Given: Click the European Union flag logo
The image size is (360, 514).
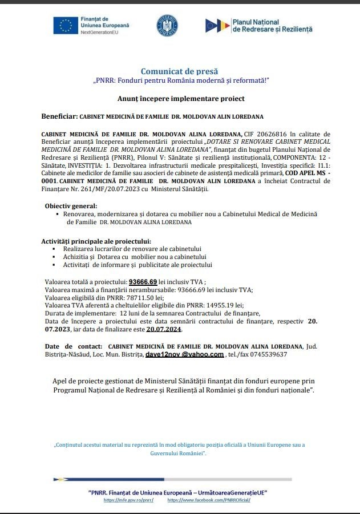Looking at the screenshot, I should pyautogui.click(x=66, y=26).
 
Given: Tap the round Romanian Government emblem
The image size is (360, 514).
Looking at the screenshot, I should pyautogui.click(x=167, y=26).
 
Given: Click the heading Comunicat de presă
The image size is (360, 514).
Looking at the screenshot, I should pyautogui.click(x=180, y=71).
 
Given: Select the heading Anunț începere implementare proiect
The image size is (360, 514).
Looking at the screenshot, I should pyautogui.click(x=181, y=99).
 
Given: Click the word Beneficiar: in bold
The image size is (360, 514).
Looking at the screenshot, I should pyautogui.click(x=59, y=116).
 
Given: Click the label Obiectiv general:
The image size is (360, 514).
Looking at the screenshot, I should pyautogui.click(x=71, y=205).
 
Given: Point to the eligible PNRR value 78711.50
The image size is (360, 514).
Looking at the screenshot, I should pyautogui.click(x=147, y=297).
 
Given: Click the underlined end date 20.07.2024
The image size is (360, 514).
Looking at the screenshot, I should pyautogui.click(x=164, y=329).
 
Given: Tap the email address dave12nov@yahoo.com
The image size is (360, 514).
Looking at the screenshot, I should pyautogui.click(x=184, y=354).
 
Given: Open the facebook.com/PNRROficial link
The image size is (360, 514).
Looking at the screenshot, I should pyautogui.click(x=209, y=500).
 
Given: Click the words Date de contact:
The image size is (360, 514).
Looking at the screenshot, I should pyautogui.click(x=73, y=346).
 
